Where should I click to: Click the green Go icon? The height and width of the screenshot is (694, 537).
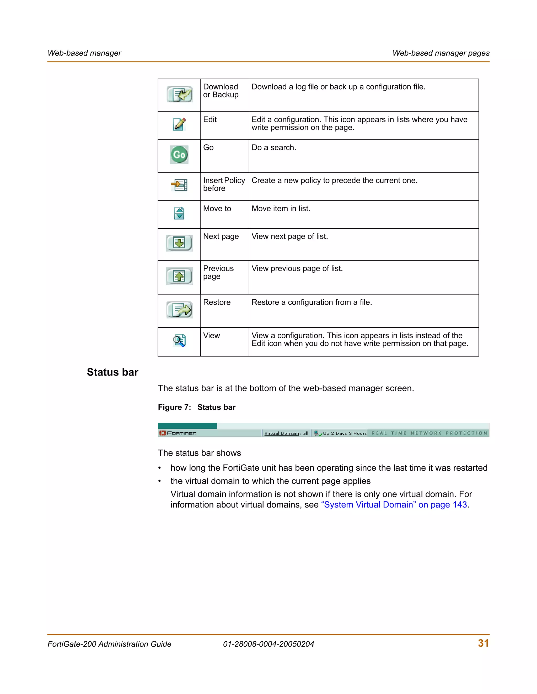coord(179,155)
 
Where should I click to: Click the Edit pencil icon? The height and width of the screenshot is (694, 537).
coord(179,124)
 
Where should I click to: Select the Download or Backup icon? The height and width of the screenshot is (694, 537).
coord(180,94)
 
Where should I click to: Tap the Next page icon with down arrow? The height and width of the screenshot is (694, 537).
coord(179,243)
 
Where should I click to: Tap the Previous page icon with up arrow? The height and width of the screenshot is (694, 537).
coord(179,276)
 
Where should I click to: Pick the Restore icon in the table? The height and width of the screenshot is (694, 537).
coord(179,310)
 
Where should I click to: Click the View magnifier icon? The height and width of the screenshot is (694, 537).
coord(179,341)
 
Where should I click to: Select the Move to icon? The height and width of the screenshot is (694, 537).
coord(179,213)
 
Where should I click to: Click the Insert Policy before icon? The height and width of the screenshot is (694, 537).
coord(179,185)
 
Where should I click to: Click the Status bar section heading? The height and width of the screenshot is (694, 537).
coord(112,372)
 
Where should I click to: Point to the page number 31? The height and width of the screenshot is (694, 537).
coord(483,643)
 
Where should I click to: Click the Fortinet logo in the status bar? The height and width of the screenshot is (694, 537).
coord(178,433)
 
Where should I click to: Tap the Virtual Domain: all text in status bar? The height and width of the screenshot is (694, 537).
coord(286,433)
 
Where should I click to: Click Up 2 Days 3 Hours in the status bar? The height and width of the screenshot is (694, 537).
coord(345,433)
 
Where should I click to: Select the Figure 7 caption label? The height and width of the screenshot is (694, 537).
coord(197,407)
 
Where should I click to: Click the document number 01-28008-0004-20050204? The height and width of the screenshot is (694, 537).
coord(268,644)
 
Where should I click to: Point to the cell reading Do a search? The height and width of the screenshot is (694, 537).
coord(273,147)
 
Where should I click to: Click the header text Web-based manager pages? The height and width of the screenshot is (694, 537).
coord(441,53)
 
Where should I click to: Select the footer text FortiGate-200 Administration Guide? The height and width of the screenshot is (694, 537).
coord(109,644)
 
